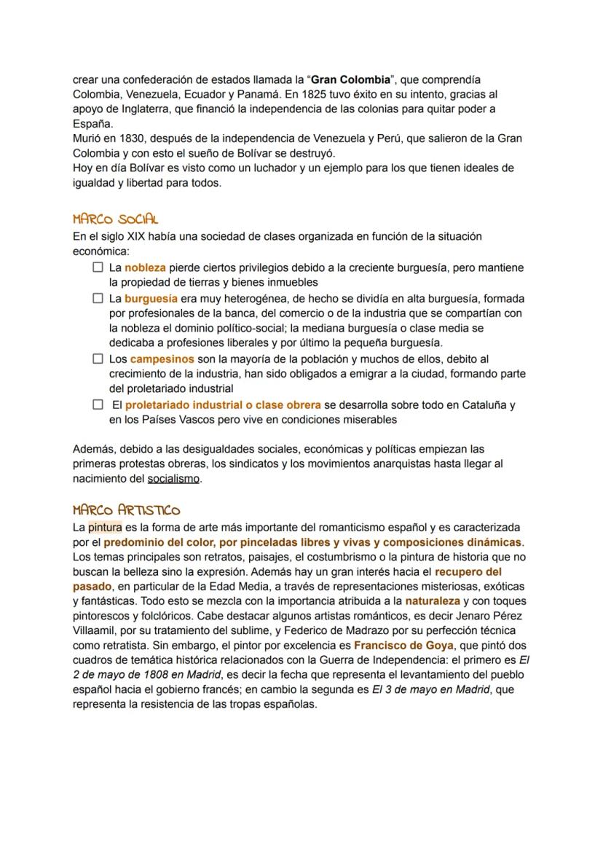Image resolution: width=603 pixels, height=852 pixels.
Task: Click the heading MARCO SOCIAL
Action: point(115,219)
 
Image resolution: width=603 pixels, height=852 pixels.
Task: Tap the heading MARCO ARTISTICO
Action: point(127,510)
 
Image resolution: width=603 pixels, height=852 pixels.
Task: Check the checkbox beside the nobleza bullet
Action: point(98,267)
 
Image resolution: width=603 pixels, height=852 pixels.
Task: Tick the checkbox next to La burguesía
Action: point(98,298)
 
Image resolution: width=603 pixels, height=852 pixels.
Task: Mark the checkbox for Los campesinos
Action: point(98,359)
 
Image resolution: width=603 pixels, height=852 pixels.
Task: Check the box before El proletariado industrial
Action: point(98,404)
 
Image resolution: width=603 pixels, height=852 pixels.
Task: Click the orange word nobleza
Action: point(145,267)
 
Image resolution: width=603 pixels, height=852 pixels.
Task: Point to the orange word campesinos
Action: point(162,359)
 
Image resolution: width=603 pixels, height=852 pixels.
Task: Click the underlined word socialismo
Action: point(173,479)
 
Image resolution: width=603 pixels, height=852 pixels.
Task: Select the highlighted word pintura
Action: point(105,527)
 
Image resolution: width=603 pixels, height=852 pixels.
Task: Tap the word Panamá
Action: point(258,94)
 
